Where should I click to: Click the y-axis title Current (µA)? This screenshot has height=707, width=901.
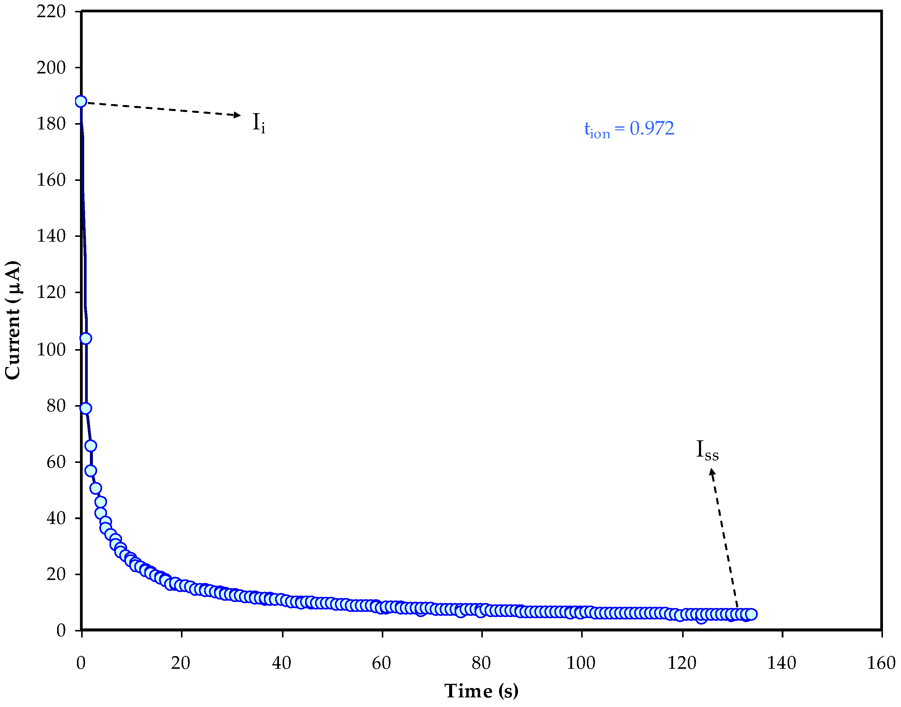pos(12,320)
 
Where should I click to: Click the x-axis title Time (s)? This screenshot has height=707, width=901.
pos(481,691)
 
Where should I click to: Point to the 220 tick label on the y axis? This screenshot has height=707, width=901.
pos(51,12)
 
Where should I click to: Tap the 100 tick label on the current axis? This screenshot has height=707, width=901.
pos(51,349)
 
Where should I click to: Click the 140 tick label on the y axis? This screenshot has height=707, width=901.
pos(51,236)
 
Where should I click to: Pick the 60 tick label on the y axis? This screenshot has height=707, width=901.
pos(56,462)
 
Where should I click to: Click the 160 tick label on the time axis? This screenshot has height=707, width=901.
pos(881,663)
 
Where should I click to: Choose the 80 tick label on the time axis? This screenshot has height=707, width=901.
pos(481,663)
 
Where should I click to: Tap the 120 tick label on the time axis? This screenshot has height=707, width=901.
pos(682,663)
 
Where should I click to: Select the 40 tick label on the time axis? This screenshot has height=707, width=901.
pos(282,663)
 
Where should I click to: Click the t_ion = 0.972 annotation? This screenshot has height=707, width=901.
pos(629,129)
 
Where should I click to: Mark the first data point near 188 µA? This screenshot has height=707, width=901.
pos(81,101)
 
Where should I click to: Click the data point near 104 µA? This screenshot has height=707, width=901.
pos(86,338)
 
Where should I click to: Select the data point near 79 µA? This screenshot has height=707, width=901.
pos(86,408)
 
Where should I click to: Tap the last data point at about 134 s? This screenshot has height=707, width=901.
pos(751,614)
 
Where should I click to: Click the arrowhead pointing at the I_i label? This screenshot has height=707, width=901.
pos(237,115)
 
